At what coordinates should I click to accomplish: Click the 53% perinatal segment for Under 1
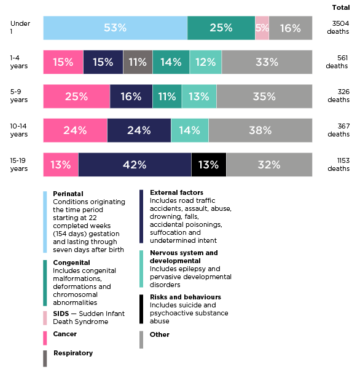[x=115, y=28]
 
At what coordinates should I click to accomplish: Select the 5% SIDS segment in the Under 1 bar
[x=262, y=28]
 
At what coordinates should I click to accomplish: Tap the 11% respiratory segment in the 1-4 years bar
[x=138, y=62]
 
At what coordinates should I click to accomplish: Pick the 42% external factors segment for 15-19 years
[x=135, y=165]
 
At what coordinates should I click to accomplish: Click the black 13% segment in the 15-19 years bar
[x=209, y=165]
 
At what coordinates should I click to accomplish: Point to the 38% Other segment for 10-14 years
[x=260, y=130]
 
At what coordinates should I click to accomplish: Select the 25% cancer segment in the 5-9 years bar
[x=76, y=97]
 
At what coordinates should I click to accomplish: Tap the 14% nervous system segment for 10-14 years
[x=189, y=130]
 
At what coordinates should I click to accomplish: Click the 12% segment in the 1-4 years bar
[x=205, y=62]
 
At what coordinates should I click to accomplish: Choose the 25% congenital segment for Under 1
[x=221, y=28]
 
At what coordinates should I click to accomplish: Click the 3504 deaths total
[x=338, y=27]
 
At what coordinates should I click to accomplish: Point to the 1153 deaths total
[x=338, y=164]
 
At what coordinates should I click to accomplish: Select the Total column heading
[x=341, y=7]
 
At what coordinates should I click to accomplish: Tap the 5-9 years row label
[x=19, y=96]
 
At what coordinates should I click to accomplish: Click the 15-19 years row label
[x=19, y=164]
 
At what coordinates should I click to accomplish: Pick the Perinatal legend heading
[x=68, y=194]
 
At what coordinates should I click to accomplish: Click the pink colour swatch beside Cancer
[x=45, y=337]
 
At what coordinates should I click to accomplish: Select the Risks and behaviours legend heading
[x=177, y=297]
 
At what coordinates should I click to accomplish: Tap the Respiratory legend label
[x=73, y=353]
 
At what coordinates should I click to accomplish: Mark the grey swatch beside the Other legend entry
[x=142, y=339]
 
